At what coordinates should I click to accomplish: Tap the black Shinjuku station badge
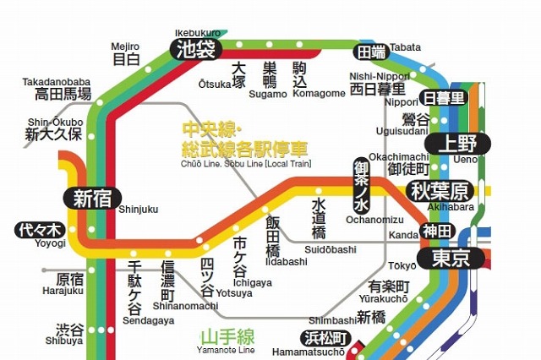[x=92, y=199]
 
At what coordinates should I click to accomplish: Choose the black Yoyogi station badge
[x=40, y=230]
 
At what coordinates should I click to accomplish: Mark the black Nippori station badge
[x=445, y=99]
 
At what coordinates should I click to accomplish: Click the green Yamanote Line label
[x=225, y=337]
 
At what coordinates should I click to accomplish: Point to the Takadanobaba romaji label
[x=56, y=82]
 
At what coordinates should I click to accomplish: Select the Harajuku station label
[x=69, y=284]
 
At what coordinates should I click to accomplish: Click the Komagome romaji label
[x=319, y=94]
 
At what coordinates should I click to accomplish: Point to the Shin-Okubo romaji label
[x=52, y=121]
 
